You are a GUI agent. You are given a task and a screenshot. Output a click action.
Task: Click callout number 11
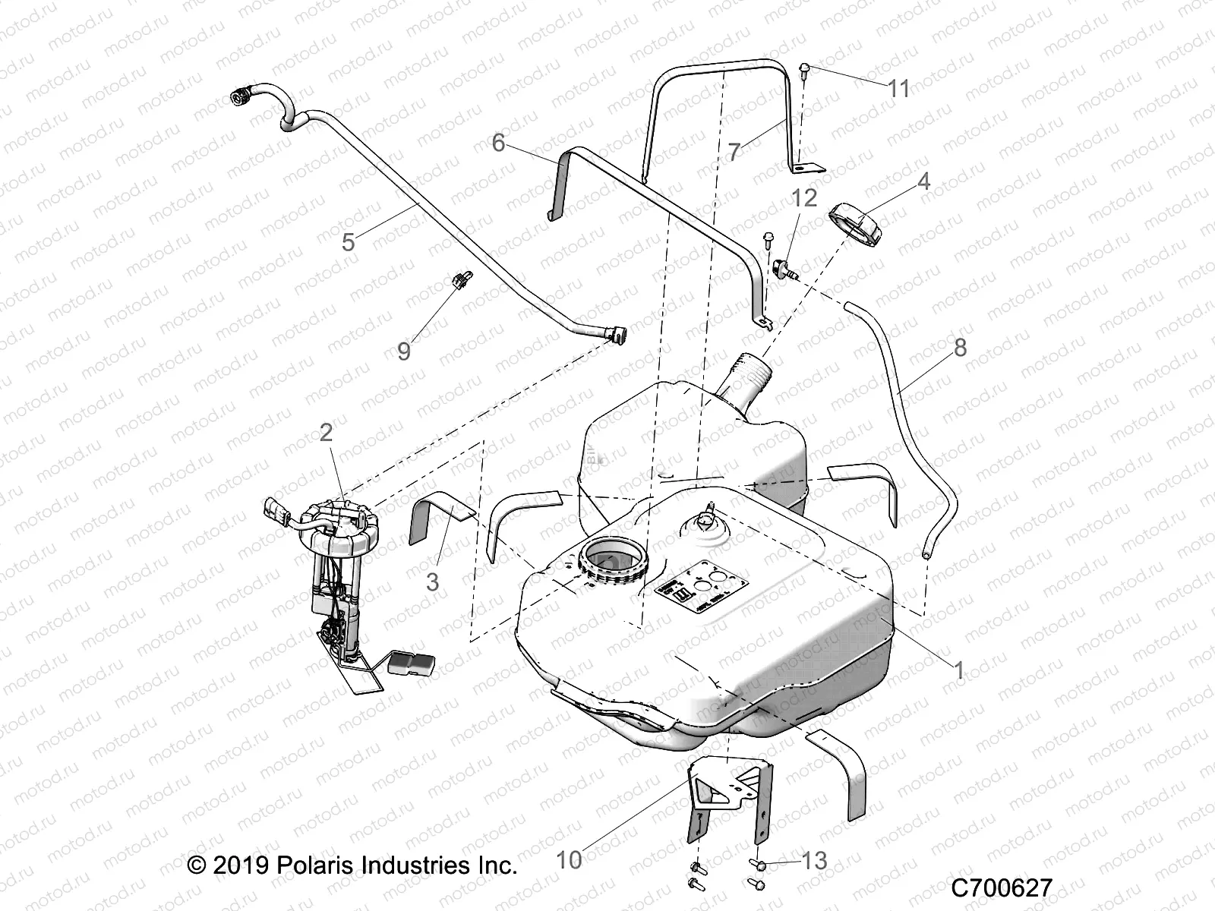[899, 89]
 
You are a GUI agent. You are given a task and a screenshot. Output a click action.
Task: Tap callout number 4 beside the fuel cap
[902, 181]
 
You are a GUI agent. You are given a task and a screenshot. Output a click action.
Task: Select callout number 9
[404, 351]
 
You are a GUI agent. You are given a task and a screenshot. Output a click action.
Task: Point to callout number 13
[814, 860]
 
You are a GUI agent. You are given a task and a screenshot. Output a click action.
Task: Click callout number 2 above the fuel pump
[326, 433]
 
